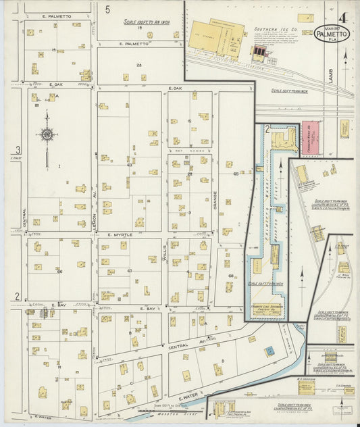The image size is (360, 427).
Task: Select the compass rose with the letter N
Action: (x=47, y=134)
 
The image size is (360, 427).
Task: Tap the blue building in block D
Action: (x=268, y=351)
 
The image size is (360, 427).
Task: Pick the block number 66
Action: (x=59, y=272)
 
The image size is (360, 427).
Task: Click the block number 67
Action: (x=130, y=271)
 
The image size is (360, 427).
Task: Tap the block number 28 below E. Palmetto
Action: (x=138, y=65)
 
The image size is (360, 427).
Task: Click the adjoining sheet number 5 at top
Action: (x=107, y=9)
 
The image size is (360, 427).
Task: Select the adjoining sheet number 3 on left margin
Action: (x=18, y=150)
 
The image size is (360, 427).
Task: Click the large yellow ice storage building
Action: (x=206, y=37)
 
